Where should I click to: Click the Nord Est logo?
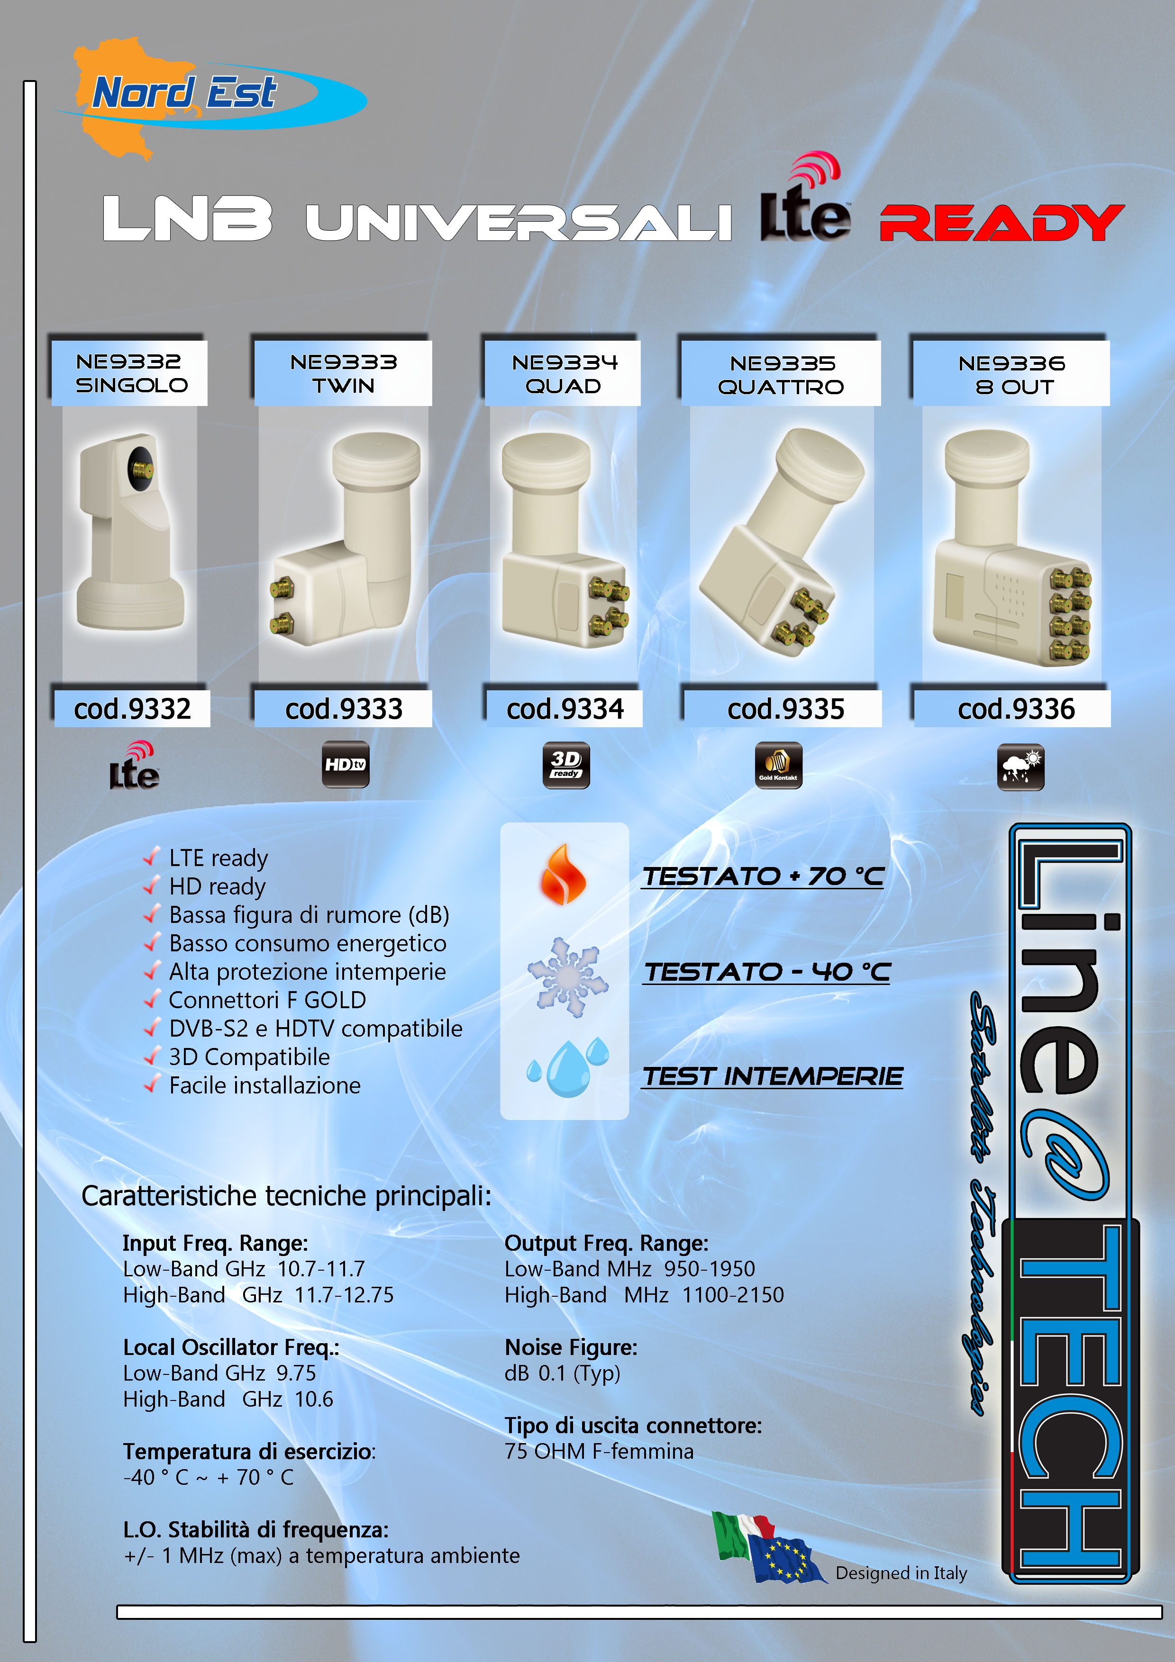[210, 98]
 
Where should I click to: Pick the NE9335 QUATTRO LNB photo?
[782, 543]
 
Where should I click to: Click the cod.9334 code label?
[564, 709]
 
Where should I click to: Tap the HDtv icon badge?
[346, 764]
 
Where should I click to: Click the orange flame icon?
[563, 875]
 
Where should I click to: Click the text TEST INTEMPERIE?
[773, 1076]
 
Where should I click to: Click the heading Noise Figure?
[571, 1347]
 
